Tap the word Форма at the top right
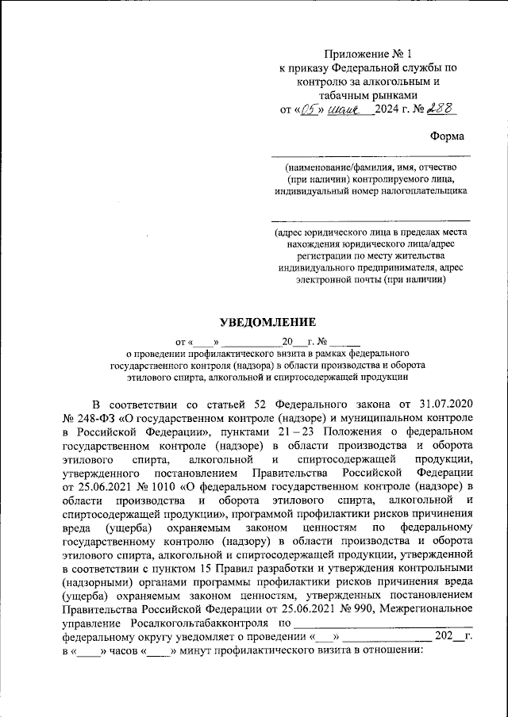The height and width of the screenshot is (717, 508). pyautogui.click(x=448, y=136)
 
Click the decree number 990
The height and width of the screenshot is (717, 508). pyautogui.click(x=342, y=609)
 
